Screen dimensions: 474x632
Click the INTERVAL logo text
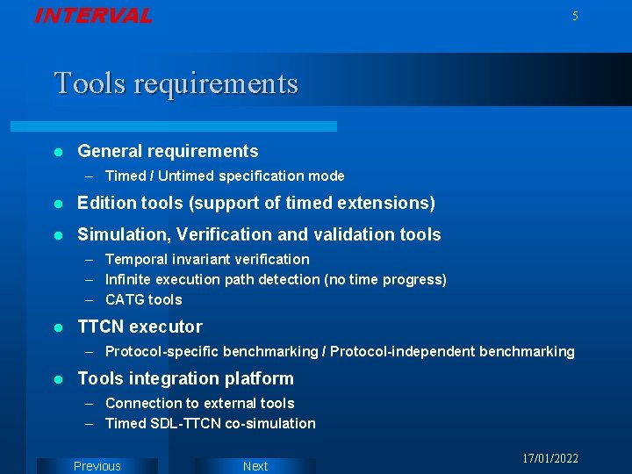click(93, 16)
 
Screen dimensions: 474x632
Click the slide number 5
click(575, 17)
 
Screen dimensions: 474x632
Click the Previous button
click(97, 466)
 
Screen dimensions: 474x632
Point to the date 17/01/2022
click(550, 459)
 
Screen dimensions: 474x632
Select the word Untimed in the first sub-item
click(186, 176)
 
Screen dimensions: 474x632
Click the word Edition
click(107, 204)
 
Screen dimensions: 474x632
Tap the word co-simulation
click(270, 424)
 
